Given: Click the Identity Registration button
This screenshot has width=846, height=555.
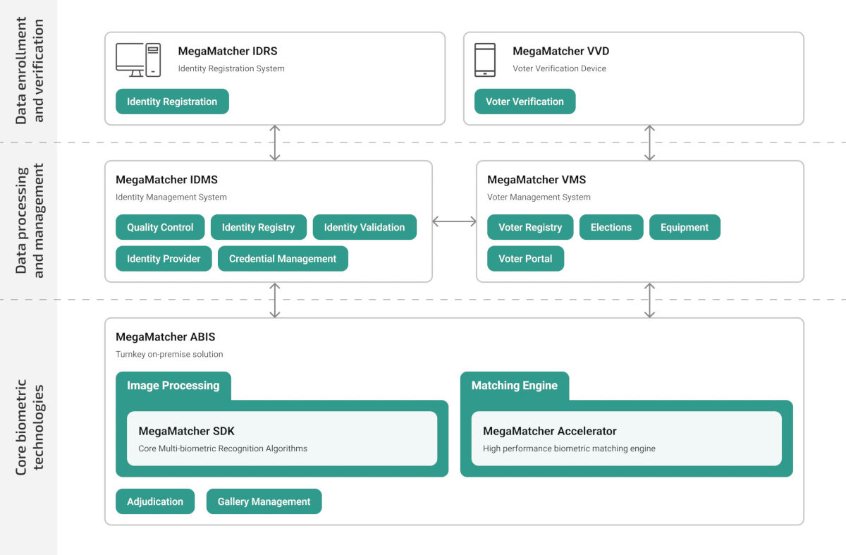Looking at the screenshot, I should [x=172, y=102].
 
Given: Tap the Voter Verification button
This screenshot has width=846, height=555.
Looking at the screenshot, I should [x=525, y=102].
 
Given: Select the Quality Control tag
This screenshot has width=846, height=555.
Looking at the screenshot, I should [x=160, y=227].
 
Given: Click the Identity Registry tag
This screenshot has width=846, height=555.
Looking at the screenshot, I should [x=258, y=227].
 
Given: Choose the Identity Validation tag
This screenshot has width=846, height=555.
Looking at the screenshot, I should [x=364, y=227].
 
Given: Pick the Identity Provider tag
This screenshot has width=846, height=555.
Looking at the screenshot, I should [x=164, y=259].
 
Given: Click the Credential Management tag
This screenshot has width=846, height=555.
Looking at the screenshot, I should [x=283, y=259].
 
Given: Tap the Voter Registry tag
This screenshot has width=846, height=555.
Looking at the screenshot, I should [x=530, y=227].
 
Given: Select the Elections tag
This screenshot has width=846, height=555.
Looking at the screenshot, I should [x=611, y=227].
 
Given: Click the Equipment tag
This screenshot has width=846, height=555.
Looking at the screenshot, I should [x=685, y=227].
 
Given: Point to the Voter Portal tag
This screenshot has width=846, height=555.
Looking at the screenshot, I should [x=525, y=259].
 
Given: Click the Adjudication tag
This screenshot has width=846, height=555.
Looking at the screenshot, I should [x=155, y=501].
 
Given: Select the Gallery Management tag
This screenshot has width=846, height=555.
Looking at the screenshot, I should [x=264, y=501].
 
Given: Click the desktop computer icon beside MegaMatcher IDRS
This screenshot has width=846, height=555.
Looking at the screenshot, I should [x=138, y=60].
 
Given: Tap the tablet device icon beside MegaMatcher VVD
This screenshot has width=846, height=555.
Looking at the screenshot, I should [x=485, y=60].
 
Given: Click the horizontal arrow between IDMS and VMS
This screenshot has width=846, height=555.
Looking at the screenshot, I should [x=454, y=221].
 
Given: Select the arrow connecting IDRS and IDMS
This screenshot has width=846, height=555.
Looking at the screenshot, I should [x=275, y=142].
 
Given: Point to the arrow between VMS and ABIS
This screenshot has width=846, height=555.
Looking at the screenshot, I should [x=649, y=300].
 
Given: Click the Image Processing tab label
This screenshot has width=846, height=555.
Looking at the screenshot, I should [x=173, y=386].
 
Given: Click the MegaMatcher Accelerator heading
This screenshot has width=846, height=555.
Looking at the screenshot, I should [x=549, y=431].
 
